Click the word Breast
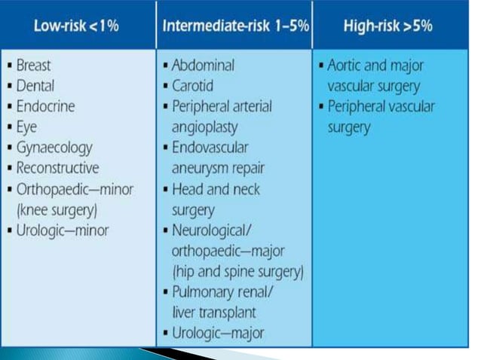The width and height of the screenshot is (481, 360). [x=34, y=66]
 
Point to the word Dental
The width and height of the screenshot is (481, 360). [x=35, y=86]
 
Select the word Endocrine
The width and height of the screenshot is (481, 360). [x=45, y=106]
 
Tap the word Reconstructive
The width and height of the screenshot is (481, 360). [x=57, y=167]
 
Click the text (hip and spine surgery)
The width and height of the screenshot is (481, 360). [x=237, y=270]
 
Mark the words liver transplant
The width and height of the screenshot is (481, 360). [x=214, y=310]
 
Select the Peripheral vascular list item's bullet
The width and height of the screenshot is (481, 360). [x=321, y=107]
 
